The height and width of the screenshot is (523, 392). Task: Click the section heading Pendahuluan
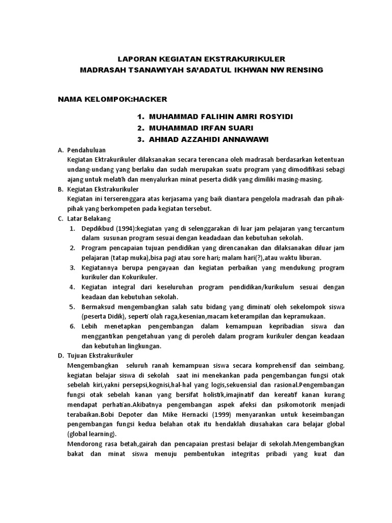(86, 150)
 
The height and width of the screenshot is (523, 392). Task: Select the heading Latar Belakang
(89, 218)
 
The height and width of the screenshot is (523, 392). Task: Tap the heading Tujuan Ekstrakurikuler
(101, 355)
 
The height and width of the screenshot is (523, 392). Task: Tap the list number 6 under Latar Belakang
(72, 326)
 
